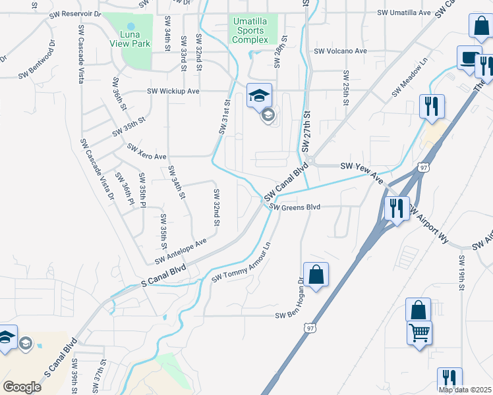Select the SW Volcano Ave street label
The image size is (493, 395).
click(x=340, y=51)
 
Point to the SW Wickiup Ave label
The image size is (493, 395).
click(x=173, y=91)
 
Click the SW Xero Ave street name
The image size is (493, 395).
click(x=146, y=152)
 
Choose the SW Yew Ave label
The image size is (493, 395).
click(x=361, y=172)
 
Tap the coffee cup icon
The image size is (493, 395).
click(x=469, y=57)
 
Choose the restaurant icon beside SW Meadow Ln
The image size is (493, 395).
click(x=432, y=105)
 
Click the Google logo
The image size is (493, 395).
click(x=22, y=387)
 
